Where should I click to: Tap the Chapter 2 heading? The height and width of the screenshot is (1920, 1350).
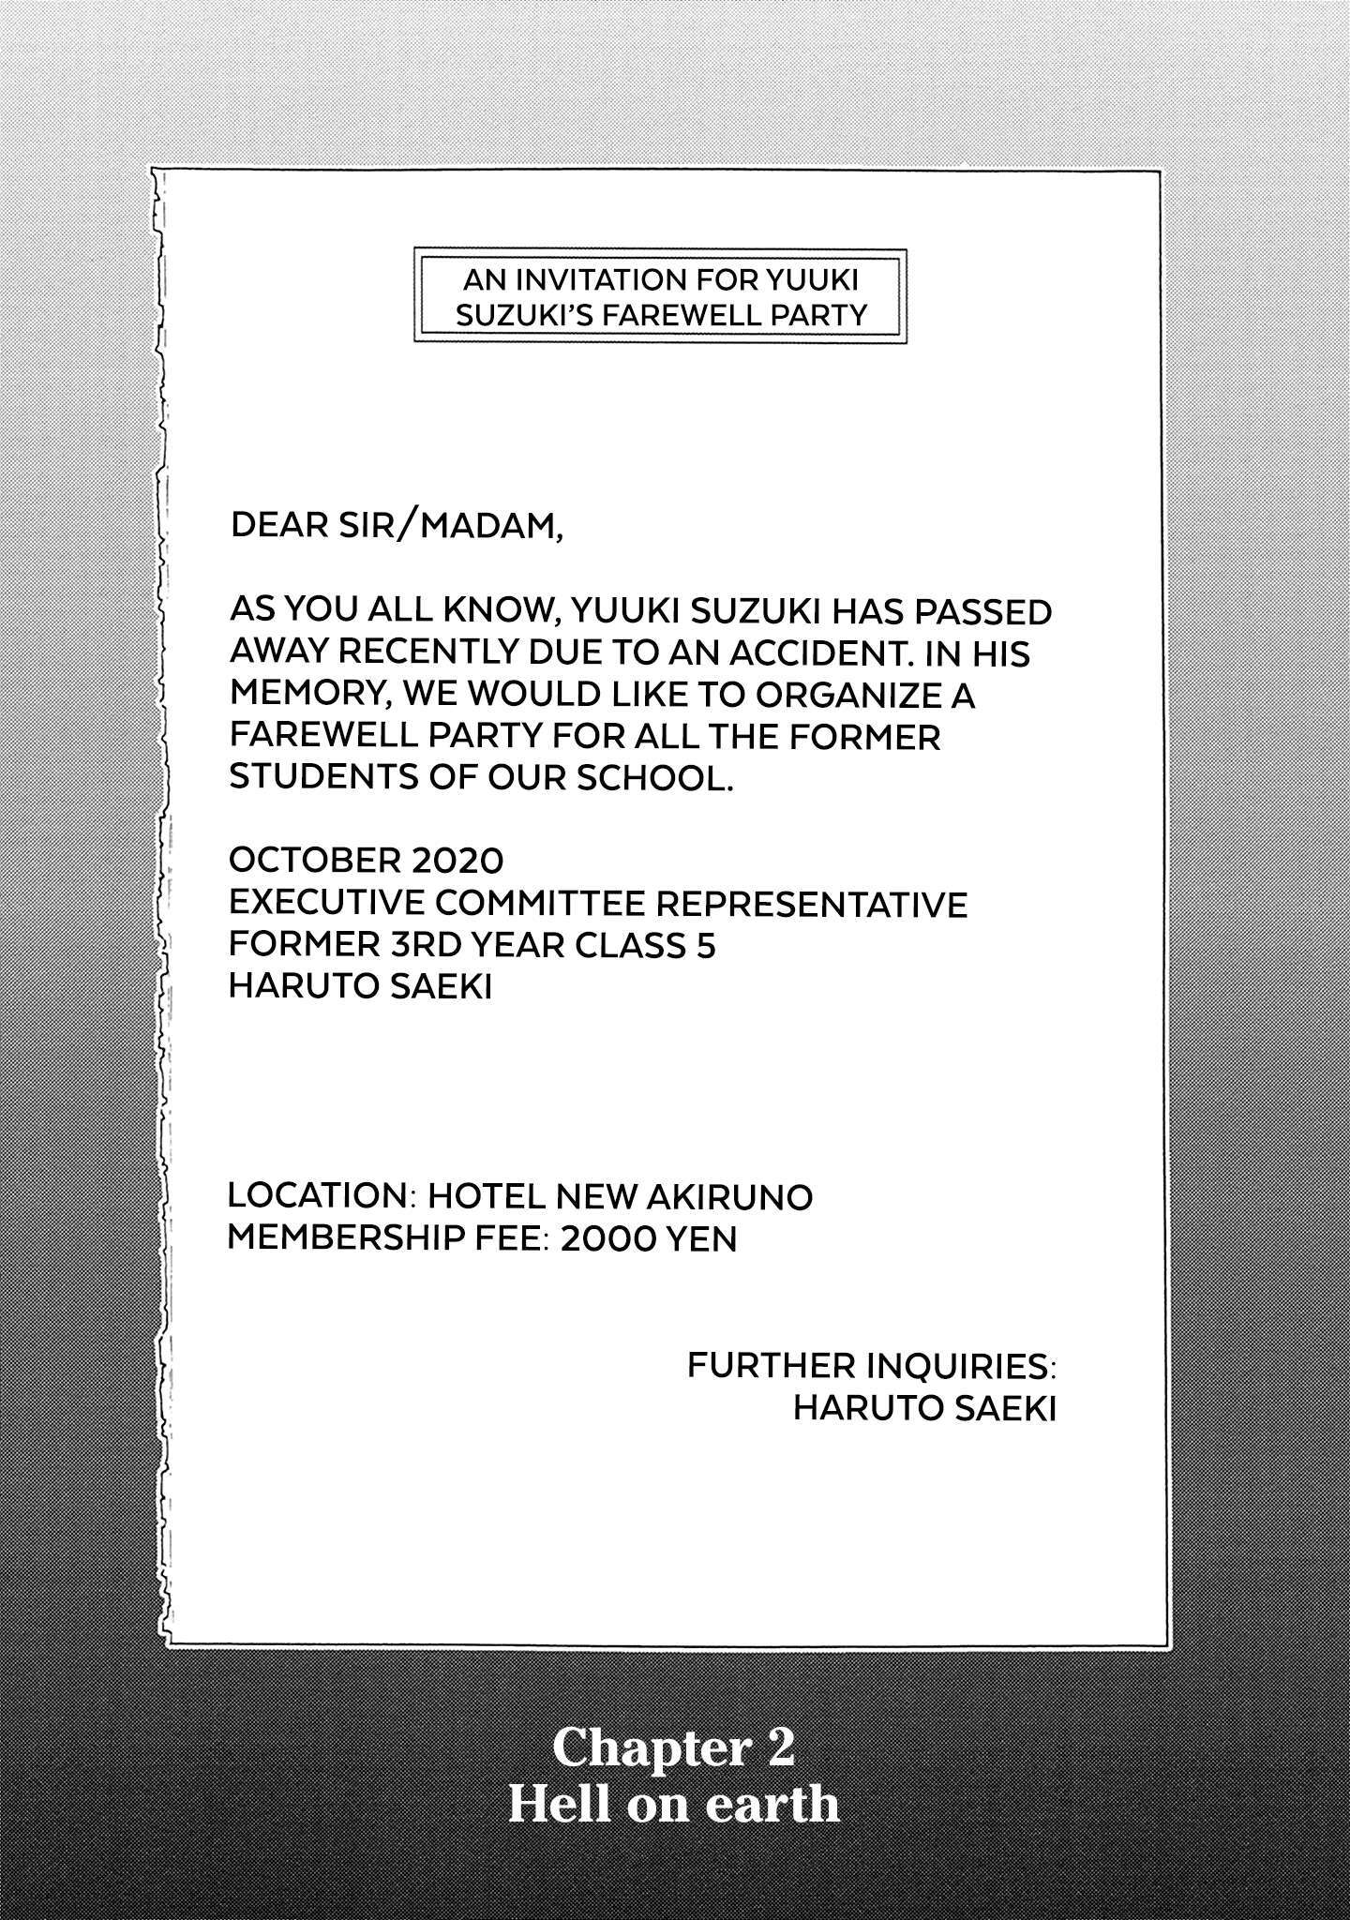click(x=674, y=1747)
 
